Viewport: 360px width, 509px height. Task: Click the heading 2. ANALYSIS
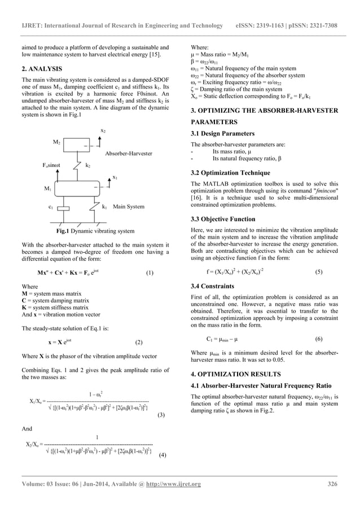[42, 69]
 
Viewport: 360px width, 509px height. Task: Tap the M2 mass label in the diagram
[57, 142]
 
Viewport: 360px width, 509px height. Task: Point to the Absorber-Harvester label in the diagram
[129, 152]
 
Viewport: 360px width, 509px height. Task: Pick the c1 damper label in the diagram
[51, 207]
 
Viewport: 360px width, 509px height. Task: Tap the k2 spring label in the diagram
[88, 166]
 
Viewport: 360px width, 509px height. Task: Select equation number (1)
[149, 273]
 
